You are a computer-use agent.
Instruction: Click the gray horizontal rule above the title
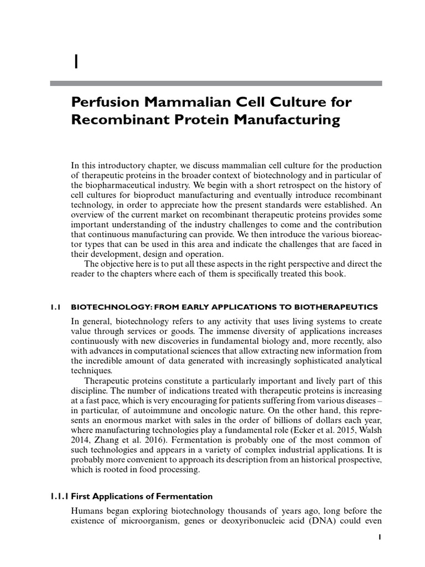216,84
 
